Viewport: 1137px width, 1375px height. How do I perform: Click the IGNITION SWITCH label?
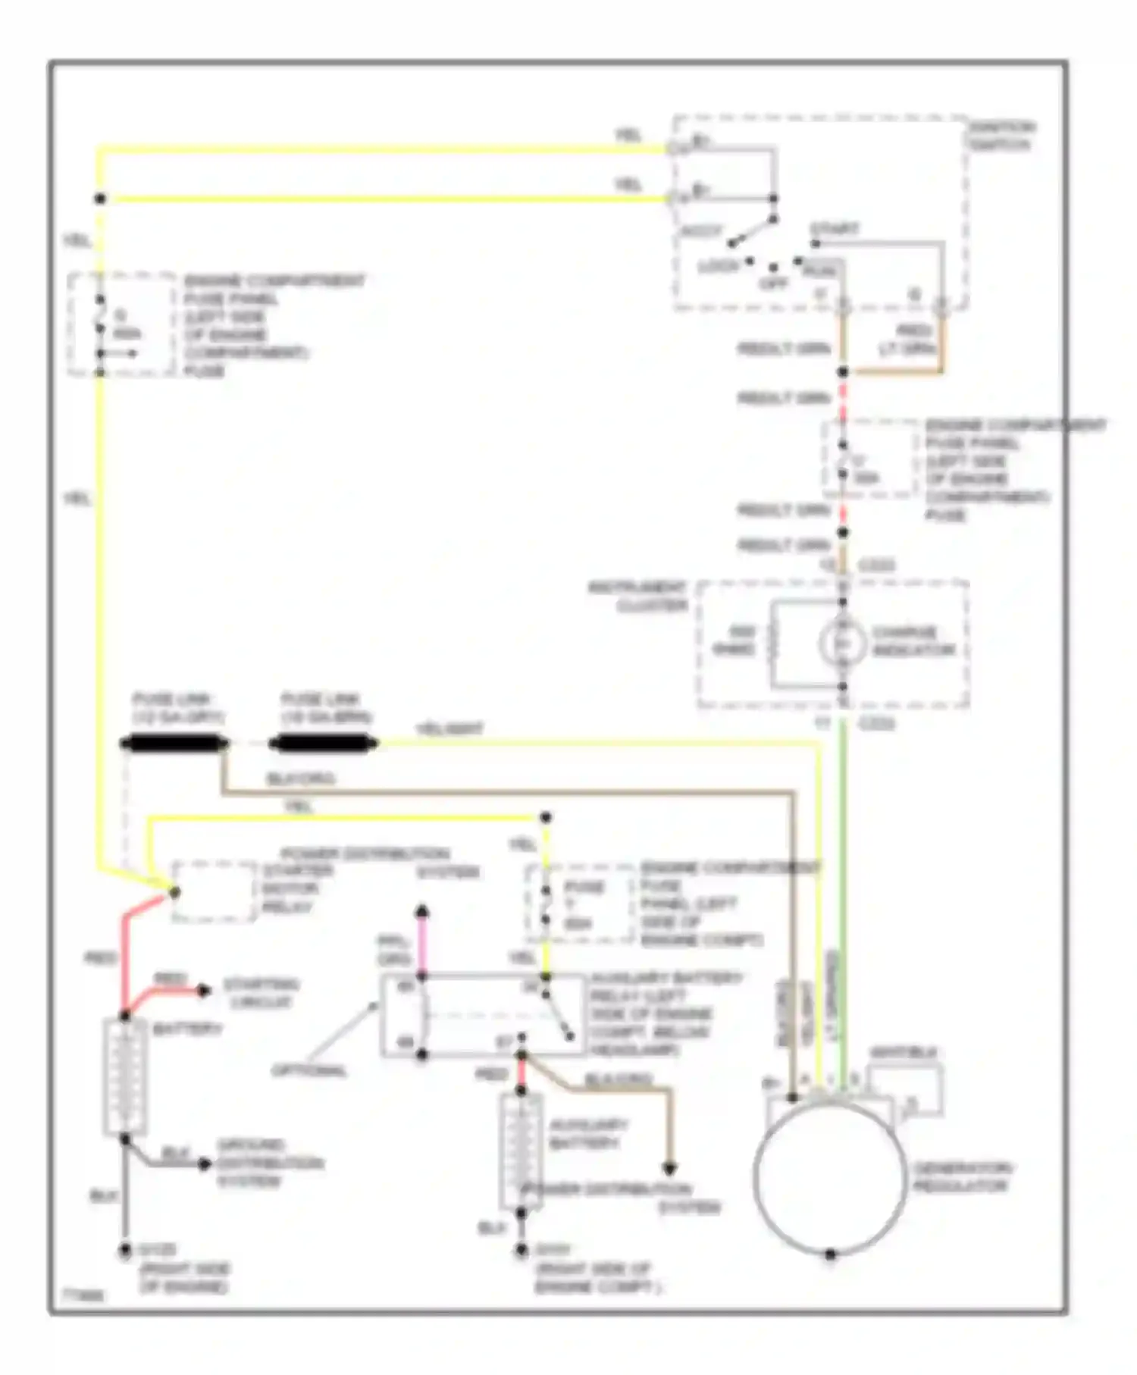pyautogui.click(x=1002, y=136)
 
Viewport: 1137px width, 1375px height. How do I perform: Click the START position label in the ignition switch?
pyautogui.click(x=835, y=228)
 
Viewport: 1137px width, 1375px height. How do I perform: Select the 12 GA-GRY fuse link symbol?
pyautogui.click(x=174, y=744)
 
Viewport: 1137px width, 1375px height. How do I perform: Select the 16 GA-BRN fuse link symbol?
pyautogui.click(x=323, y=744)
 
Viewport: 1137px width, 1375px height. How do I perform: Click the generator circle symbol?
pyautogui.click(x=830, y=1176)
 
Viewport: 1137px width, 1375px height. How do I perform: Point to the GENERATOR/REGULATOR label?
pyautogui.click(x=962, y=1177)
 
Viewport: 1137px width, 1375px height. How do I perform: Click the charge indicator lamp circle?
pyautogui.click(x=841, y=643)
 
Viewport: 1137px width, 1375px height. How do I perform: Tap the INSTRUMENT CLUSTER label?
pyautogui.click(x=638, y=597)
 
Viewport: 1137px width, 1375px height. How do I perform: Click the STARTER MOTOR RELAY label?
pyautogui.click(x=290, y=888)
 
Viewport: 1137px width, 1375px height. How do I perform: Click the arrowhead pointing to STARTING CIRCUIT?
pyautogui.click(x=205, y=990)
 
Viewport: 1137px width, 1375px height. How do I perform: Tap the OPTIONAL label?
pyautogui.click(x=309, y=1071)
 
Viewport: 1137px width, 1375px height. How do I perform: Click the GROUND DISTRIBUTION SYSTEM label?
pyautogui.click(x=270, y=1164)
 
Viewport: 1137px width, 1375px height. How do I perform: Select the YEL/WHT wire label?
pyautogui.click(x=449, y=729)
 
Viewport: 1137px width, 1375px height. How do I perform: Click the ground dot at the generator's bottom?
pyautogui.click(x=830, y=1254)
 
